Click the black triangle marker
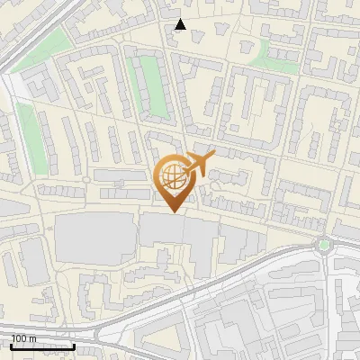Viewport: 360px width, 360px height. (x=181, y=24)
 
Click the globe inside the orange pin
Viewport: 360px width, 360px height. (x=172, y=176)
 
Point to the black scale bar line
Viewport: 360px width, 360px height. (x=42, y=346)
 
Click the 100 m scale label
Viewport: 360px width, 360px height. (x=22, y=338)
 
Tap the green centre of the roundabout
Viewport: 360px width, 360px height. (x=324, y=244)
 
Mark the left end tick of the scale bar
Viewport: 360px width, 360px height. (x=12, y=345)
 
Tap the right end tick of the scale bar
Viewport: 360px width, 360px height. (x=74, y=345)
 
